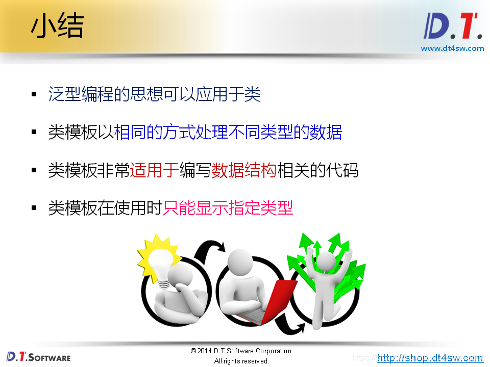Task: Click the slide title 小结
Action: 57,27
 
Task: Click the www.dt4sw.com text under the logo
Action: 452,48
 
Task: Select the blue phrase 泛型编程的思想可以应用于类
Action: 154,94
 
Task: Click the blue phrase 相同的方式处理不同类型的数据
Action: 228,132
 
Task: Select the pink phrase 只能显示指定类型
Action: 228,208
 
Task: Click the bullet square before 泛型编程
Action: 34,95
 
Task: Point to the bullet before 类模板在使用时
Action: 34,208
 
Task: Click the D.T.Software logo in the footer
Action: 39,356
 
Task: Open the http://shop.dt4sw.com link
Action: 430,358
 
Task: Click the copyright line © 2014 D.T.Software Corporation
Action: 241,351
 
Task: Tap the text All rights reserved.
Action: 241,361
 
